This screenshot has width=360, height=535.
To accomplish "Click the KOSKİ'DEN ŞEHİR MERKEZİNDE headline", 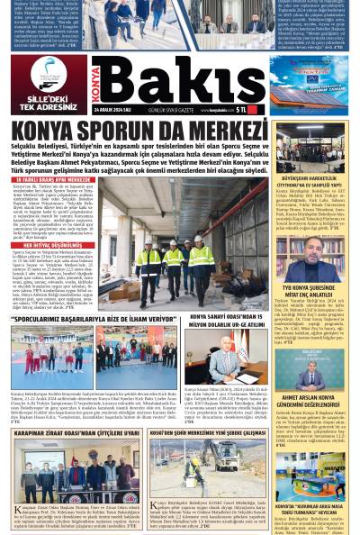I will pos(207,432).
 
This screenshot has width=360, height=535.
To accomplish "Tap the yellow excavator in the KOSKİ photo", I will pos(192,468).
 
